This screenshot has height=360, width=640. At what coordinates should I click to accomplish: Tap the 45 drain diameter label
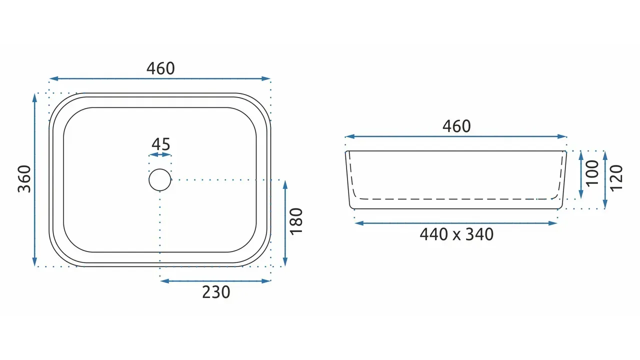pos(161,144)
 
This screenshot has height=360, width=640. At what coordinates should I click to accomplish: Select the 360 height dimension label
pos(24,179)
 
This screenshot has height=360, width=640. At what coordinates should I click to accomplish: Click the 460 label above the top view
pos(160,68)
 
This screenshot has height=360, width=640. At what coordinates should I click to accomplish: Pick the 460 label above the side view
pos(456,126)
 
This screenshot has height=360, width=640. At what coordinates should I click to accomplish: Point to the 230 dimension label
pos(216,292)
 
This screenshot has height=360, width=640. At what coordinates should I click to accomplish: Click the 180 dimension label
pos(296,221)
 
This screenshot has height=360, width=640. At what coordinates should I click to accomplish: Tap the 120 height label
pos(616,178)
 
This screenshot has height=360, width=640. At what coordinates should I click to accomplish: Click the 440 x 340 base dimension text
pos(456,234)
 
